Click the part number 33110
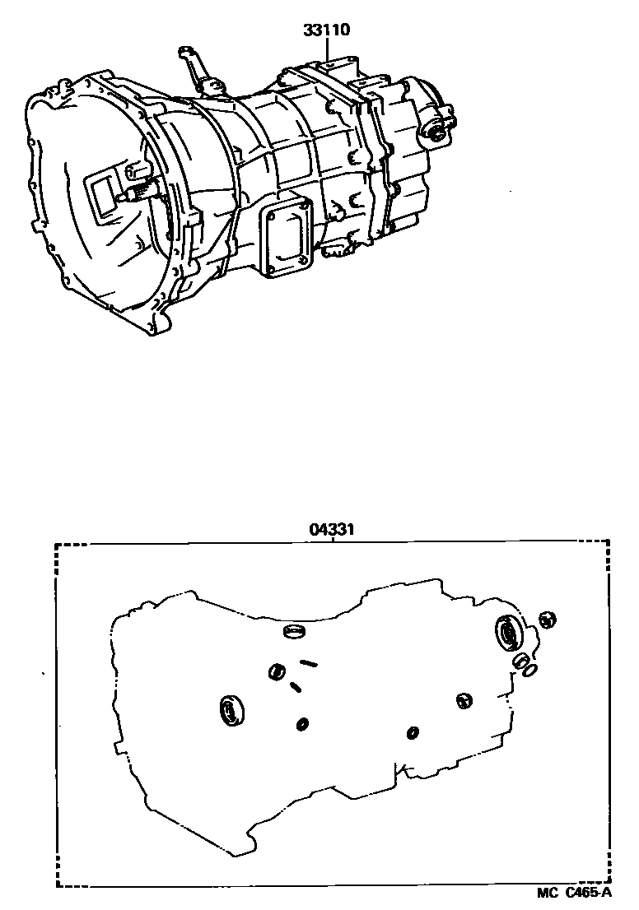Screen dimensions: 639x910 (328, 31)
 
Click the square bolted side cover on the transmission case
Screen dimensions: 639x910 (287, 238)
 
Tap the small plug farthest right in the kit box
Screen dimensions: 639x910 (546, 619)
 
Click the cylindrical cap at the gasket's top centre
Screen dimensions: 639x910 (293, 632)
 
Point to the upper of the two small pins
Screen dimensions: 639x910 (310, 662)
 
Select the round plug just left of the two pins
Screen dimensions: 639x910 (276, 672)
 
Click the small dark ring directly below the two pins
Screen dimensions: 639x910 (302, 723)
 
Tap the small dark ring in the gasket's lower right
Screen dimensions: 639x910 (413, 731)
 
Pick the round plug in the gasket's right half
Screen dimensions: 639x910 (464, 699)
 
